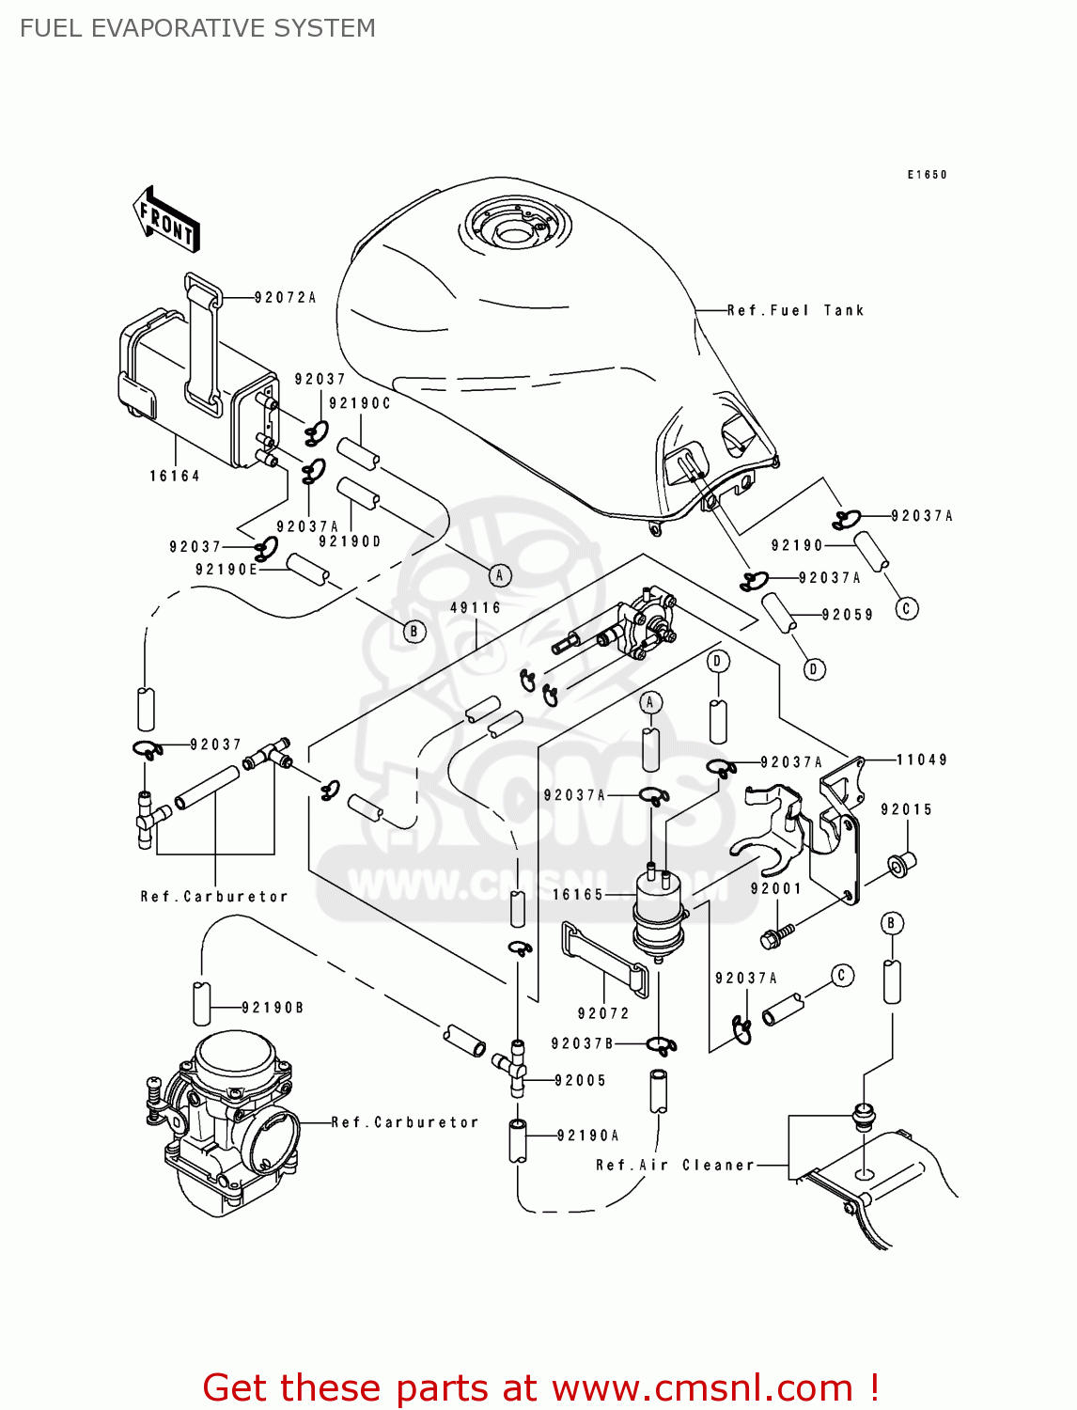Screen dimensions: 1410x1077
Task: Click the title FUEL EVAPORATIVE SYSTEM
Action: coord(197,28)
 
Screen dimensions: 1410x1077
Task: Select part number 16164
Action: coord(175,477)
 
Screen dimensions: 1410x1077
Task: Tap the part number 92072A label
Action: coord(285,298)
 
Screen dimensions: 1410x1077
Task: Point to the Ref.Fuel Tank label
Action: coord(795,310)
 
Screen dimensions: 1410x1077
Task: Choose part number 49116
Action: coord(476,608)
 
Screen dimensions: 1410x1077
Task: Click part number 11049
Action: coord(921,760)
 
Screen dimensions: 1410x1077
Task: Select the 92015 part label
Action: coord(906,810)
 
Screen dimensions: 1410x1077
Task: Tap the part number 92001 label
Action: coord(775,889)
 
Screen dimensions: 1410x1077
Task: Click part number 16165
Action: coord(578,895)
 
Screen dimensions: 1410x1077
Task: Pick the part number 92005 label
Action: coord(581,1081)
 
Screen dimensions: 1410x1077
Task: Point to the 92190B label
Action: coord(273,1008)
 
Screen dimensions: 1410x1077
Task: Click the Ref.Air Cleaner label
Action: coord(675,1166)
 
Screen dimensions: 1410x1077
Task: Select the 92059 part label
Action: coord(847,616)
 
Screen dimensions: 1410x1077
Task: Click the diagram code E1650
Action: coord(927,175)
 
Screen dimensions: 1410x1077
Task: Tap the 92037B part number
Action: coord(582,1043)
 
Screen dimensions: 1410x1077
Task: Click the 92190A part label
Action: coord(588,1136)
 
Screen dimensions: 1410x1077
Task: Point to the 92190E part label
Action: coord(226,570)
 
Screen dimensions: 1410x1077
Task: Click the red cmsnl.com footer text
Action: coord(540,1387)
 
